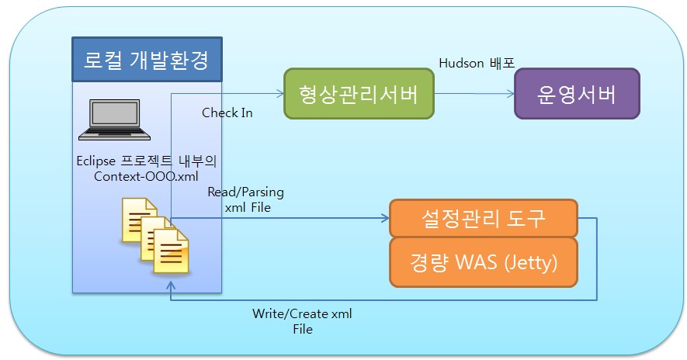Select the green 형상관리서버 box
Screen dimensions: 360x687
(x=359, y=94)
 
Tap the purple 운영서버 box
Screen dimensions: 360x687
(x=577, y=94)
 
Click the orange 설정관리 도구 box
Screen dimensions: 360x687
(x=483, y=219)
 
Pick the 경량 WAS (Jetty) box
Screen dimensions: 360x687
(x=483, y=263)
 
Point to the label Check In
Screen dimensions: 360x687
(x=227, y=112)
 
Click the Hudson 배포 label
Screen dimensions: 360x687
(x=477, y=62)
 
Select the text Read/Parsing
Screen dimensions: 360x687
(x=245, y=192)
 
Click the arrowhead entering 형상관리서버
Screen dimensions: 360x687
(x=280, y=95)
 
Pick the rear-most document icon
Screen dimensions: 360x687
(x=137, y=218)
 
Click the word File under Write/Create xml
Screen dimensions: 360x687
(x=302, y=329)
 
